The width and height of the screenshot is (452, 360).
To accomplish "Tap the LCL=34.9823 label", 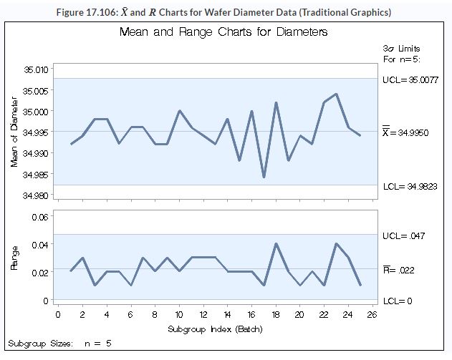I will pyautogui.click(x=410, y=186).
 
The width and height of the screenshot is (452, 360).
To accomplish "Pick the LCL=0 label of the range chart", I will pyautogui.click(x=398, y=301).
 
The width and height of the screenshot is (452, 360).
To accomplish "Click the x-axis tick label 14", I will pyautogui.click(x=227, y=315).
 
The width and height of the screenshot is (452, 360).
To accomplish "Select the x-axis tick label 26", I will pyautogui.click(x=373, y=315).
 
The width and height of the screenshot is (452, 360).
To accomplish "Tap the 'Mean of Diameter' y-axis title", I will pyautogui.click(x=14, y=132).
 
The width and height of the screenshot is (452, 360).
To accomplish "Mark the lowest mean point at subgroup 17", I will pyautogui.click(x=264, y=177).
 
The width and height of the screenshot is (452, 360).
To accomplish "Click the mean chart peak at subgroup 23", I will pyautogui.click(x=337, y=94).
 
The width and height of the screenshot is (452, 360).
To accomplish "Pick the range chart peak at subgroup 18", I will pyautogui.click(x=276, y=244).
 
